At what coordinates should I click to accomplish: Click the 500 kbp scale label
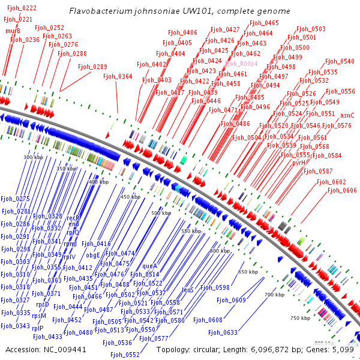tap(161, 213)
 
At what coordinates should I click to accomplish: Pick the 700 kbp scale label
tap(274, 295)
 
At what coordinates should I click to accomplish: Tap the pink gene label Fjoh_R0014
tap(241, 63)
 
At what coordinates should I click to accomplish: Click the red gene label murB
tap(13, 31)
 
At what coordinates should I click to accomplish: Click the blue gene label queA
tap(150, 265)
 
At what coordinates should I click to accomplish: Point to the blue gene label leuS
tap(188, 289)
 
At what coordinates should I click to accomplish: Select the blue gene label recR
tap(73, 218)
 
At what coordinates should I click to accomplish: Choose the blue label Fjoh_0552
tap(125, 355)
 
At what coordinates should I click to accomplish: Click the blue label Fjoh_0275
tap(15, 199)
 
